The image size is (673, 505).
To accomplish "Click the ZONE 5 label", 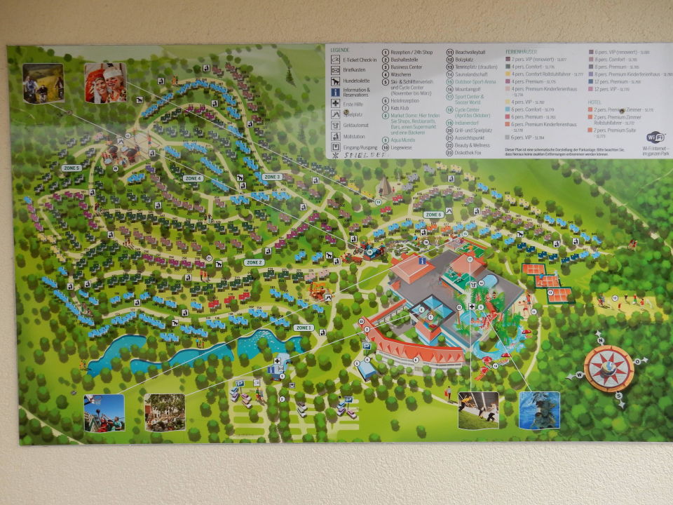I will tap(71, 168).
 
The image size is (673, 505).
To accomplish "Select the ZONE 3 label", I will tap(272, 177).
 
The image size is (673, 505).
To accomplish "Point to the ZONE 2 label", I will tap(254, 262).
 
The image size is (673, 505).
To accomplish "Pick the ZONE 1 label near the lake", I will tap(303, 328).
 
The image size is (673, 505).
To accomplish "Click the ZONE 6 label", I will tap(433, 215).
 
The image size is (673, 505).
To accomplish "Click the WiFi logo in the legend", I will tap(655, 137).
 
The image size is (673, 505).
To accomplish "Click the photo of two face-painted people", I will tap(105, 83).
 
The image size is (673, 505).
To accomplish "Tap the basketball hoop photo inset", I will tap(104, 412).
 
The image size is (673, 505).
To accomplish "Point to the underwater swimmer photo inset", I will tap(539, 410).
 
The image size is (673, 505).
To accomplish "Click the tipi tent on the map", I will tap(383, 187).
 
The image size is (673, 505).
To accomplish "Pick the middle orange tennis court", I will tap(548, 281).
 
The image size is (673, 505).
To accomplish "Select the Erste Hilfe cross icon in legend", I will tap(336, 103).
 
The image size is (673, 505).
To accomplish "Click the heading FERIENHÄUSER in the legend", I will tap(522, 52).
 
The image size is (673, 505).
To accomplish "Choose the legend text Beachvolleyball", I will tap(470, 52).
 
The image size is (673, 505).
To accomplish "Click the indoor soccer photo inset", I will tap(478, 410).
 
